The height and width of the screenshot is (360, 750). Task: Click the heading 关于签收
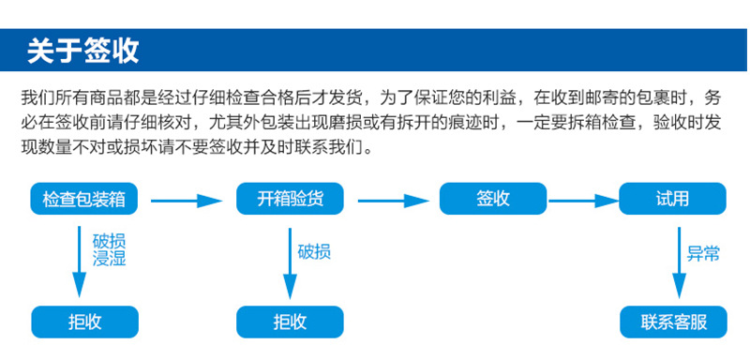tap(83, 50)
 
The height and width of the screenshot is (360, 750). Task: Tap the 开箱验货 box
tap(289, 199)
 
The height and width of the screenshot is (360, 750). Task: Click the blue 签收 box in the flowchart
tap(492, 199)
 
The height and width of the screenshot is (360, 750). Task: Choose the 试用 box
tap(672, 199)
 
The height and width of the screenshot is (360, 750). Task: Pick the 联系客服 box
tap(672, 322)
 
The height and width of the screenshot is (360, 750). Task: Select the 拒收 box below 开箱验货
tap(289, 322)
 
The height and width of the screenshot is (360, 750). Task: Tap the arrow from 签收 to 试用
tap(581, 199)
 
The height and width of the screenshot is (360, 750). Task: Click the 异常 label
tap(704, 253)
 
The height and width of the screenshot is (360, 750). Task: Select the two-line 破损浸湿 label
tap(110, 250)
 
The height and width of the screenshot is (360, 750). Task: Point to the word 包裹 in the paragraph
tap(653, 97)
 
